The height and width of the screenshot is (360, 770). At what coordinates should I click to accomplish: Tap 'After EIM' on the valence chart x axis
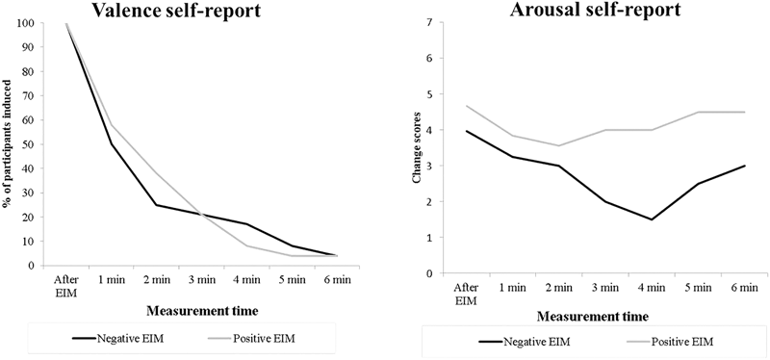pyautogui.click(x=65, y=285)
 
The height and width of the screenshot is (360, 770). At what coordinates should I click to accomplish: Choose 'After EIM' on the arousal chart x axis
pyautogui.click(x=465, y=294)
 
